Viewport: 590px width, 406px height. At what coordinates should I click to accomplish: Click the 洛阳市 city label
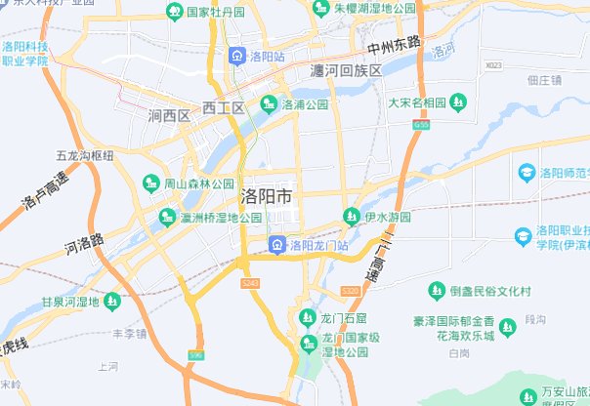tap(266, 195)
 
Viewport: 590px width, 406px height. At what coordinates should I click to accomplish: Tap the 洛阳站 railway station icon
tap(237, 56)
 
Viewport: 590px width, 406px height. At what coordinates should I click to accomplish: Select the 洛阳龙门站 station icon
tap(278, 244)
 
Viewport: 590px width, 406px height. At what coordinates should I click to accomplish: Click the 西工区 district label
tap(223, 107)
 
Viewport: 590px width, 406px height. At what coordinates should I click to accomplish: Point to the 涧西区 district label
tap(168, 116)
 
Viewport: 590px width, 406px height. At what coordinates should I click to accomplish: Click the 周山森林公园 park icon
tap(151, 183)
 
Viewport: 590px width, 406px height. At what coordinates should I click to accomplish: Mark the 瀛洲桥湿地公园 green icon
tap(167, 218)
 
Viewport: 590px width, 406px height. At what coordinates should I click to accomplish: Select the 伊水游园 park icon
tap(351, 216)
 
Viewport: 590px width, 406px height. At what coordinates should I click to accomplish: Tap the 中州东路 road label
tap(394, 44)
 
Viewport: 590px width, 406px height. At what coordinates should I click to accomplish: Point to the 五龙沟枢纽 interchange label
tap(85, 155)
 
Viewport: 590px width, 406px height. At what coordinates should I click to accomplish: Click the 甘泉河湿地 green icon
tap(111, 302)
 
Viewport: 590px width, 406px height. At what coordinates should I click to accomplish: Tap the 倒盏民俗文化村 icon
tap(437, 291)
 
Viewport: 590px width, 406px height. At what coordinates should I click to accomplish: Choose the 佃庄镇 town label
tap(544, 81)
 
